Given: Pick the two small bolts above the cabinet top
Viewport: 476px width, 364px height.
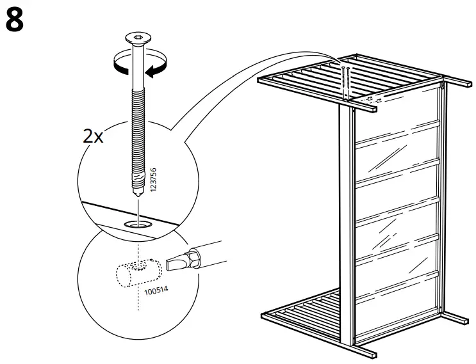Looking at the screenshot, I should [x=347, y=80].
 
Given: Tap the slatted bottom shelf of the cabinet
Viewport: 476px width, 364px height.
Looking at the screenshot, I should [x=301, y=307].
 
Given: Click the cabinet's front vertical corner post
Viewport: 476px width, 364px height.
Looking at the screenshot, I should [x=349, y=224].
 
